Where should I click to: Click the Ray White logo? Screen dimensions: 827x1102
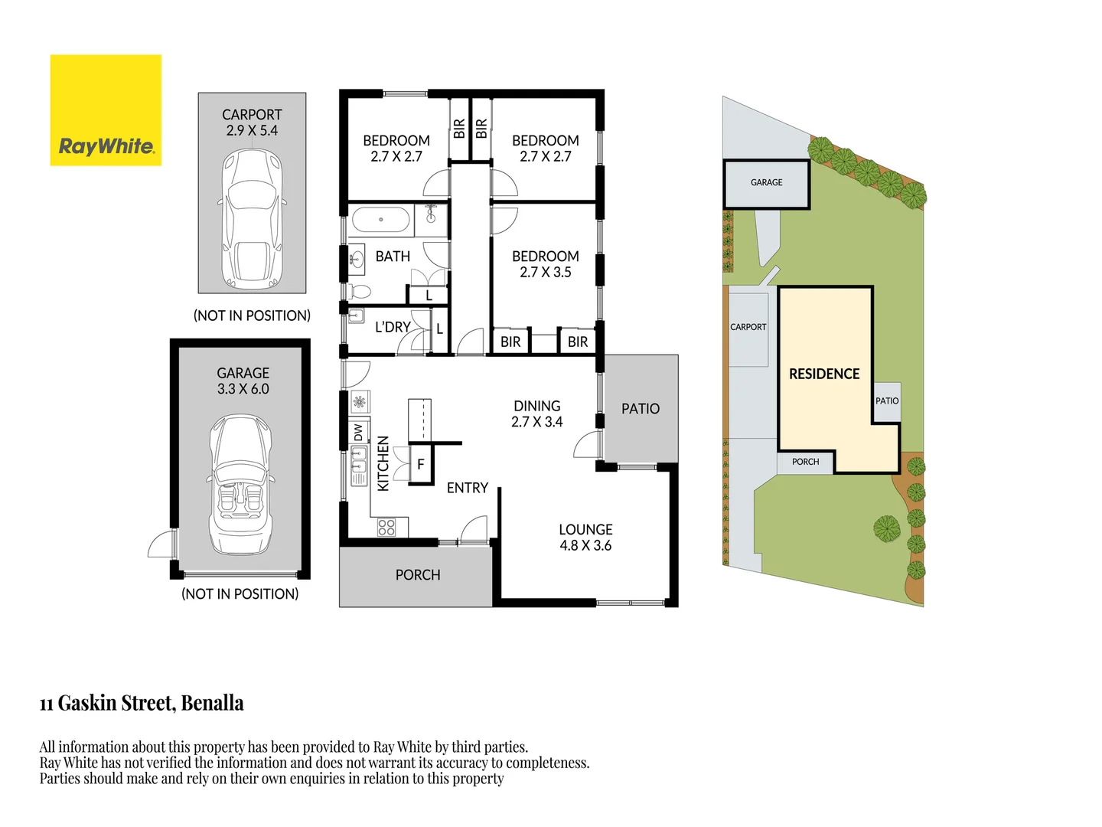point(106,110)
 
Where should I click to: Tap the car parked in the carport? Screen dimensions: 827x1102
point(252,219)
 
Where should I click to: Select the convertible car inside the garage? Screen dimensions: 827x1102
point(241,484)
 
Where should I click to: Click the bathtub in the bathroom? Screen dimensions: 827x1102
point(380,220)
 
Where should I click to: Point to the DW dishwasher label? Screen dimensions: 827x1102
point(358,433)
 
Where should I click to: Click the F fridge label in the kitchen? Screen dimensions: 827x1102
point(420,464)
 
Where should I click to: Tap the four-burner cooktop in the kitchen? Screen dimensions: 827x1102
point(386,527)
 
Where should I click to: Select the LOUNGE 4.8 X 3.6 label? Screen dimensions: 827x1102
point(585,538)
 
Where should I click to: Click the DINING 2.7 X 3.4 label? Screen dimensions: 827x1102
point(536,413)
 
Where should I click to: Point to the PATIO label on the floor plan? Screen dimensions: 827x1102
point(640,409)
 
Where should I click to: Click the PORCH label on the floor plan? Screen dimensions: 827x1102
point(418,575)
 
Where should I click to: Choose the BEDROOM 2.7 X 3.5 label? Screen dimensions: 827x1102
point(545,264)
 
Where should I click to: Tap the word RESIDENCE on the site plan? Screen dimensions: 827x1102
point(824,374)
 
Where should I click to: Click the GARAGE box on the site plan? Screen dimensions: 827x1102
point(766,183)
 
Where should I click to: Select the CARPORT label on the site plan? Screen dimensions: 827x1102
point(748,327)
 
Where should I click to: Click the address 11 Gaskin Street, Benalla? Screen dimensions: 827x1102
point(142,703)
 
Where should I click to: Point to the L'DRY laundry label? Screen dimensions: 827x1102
point(393,327)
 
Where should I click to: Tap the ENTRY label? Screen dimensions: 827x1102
point(467,488)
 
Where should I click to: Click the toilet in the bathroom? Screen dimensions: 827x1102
point(358,292)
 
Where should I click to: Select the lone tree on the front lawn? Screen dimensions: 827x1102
point(886,528)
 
